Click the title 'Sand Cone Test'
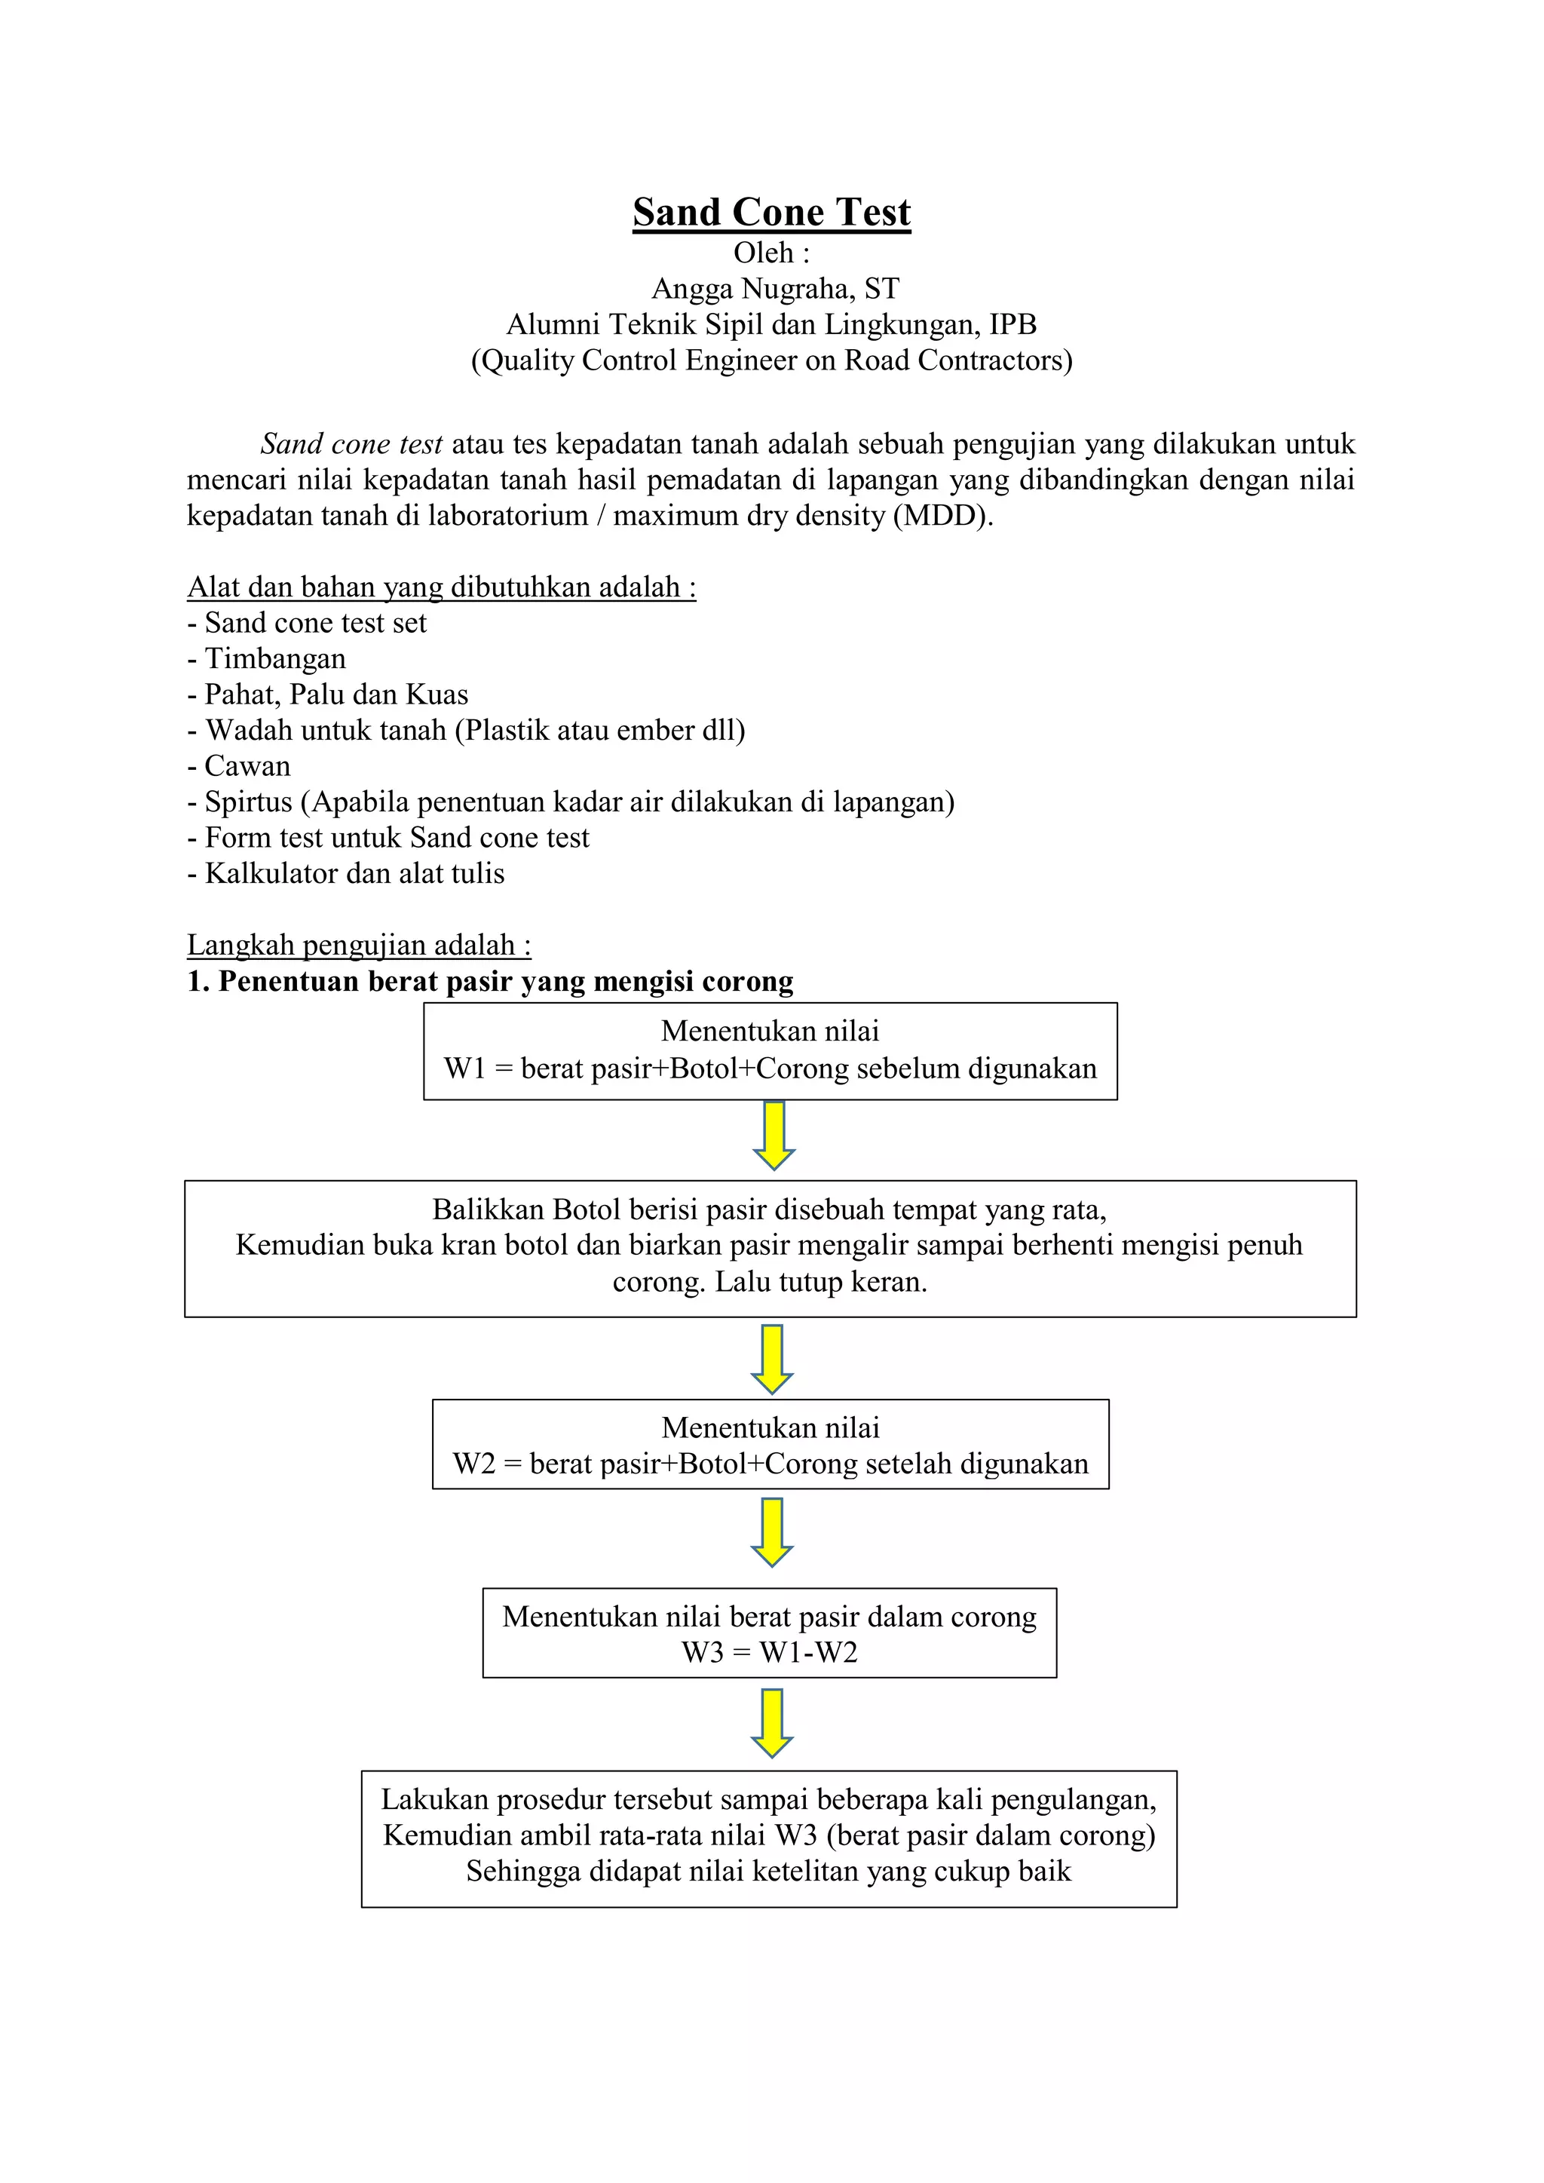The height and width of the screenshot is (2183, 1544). [771, 212]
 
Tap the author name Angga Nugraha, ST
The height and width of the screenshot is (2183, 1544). [775, 288]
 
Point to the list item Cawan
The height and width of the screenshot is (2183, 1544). [247, 766]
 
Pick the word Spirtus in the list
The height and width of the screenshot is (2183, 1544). [248, 802]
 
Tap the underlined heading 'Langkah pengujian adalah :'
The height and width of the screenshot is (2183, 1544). [358, 945]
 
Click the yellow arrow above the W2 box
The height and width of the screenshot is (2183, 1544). [772, 1359]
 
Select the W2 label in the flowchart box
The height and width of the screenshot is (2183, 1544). [473, 1464]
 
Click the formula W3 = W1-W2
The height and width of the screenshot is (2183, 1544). [769, 1652]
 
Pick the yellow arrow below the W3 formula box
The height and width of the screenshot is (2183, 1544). [772, 1723]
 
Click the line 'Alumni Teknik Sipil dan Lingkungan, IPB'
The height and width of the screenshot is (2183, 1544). [771, 324]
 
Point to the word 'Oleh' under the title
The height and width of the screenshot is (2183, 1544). [762, 253]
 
